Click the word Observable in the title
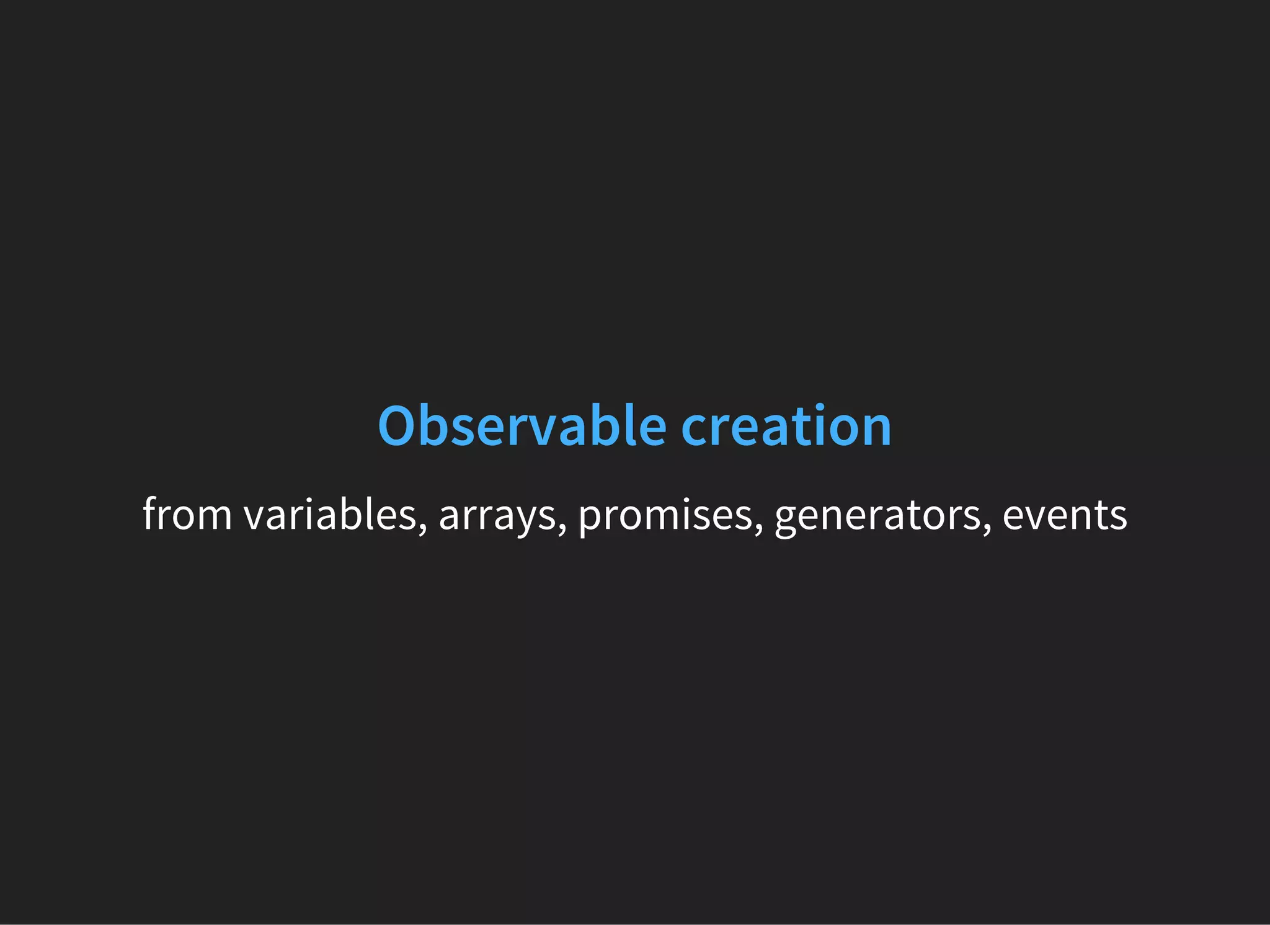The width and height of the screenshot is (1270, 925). (522, 427)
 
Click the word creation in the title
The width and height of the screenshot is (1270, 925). (786, 427)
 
